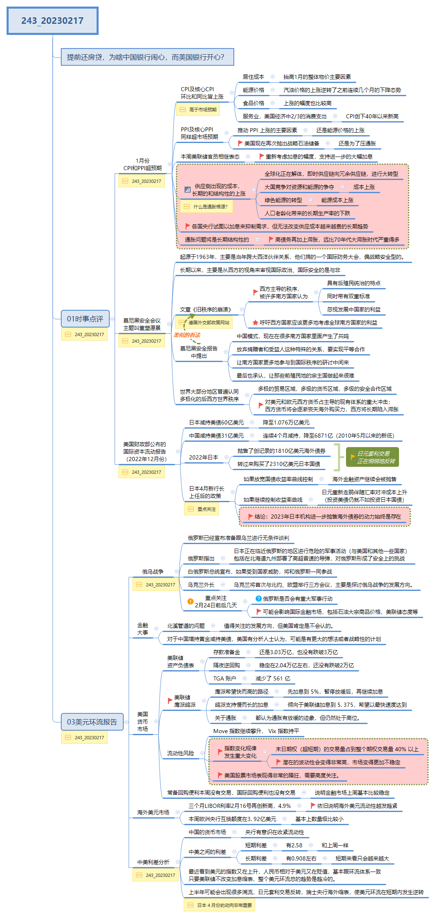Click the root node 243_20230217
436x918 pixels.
click(52, 21)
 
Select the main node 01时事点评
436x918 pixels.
click(85, 318)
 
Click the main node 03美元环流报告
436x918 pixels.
click(92, 722)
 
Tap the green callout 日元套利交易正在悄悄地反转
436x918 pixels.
click(373, 457)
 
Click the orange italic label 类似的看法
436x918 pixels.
click(187, 335)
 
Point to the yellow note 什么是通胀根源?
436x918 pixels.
click(206, 207)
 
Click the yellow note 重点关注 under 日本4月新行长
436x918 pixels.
click(202, 509)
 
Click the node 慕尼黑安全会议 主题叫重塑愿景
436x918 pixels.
click(142, 324)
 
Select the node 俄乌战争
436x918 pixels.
click(153, 572)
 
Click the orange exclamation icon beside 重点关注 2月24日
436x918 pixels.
click(190, 601)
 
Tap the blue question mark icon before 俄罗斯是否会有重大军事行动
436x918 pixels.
click(258, 599)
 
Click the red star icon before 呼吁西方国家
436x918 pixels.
click(255, 323)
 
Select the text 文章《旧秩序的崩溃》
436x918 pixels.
click(206, 309)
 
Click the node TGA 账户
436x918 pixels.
click(224, 678)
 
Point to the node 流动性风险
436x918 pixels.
click(180, 753)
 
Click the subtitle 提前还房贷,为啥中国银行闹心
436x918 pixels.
click(146, 57)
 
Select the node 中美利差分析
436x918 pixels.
click(153, 862)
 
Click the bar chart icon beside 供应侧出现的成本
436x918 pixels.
click(187, 189)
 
